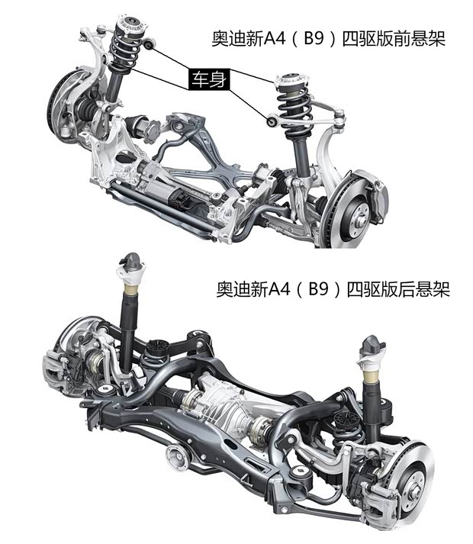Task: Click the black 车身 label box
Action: tap(208, 79)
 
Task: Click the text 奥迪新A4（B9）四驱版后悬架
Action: tap(333, 290)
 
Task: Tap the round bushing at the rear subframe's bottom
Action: tap(178, 457)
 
